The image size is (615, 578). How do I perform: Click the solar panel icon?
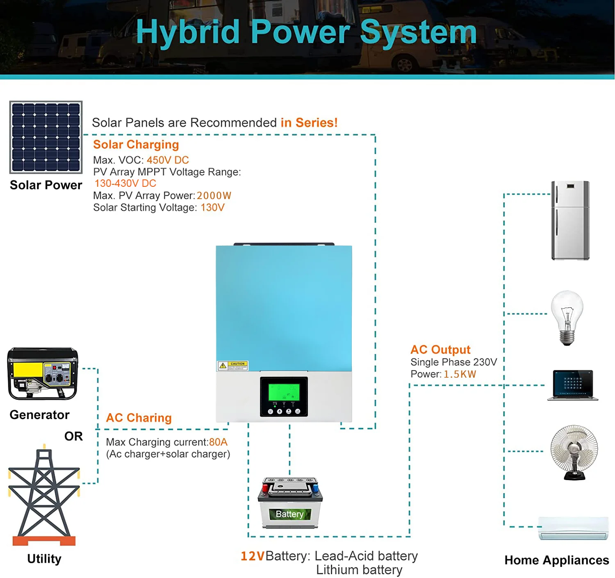pos(46,137)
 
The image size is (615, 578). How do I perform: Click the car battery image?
pos(290,503)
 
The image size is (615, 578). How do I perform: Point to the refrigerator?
pos(570,220)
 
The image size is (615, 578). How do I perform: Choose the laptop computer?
pos(573,385)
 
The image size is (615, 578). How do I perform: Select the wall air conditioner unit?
pos(573,528)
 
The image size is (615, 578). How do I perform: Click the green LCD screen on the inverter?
pos(284,392)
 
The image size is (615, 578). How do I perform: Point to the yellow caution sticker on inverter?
pos(232,365)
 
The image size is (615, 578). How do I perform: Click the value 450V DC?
pos(168,160)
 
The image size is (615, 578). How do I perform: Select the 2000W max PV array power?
pos(214,196)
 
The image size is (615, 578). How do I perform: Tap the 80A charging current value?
pos(218,442)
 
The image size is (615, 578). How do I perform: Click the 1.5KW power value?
pos(460,374)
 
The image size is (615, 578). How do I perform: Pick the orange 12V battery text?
pos(253,556)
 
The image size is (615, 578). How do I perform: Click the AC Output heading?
pos(440,349)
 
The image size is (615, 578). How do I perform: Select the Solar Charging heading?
pos(136,145)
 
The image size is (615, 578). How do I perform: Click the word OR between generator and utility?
pos(73,436)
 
